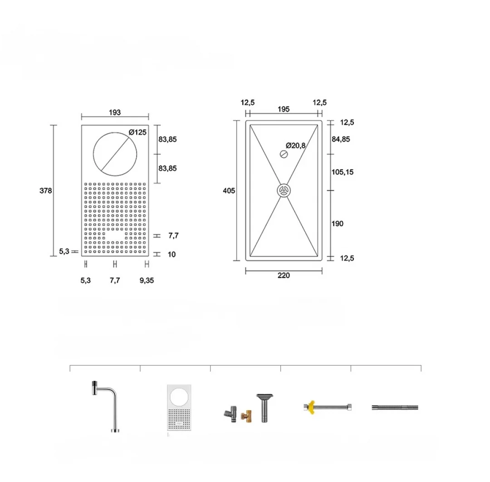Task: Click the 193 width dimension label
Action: point(115,112)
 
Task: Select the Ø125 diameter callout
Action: point(137,132)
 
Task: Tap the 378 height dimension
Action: point(46,190)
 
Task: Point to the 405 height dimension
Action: point(229,190)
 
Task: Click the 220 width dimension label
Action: point(284,276)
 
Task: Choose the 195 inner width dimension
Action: point(284,109)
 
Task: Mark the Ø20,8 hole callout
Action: point(296,145)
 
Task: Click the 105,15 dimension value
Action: point(343,172)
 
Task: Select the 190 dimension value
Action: point(338,224)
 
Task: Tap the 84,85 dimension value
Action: point(341,139)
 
